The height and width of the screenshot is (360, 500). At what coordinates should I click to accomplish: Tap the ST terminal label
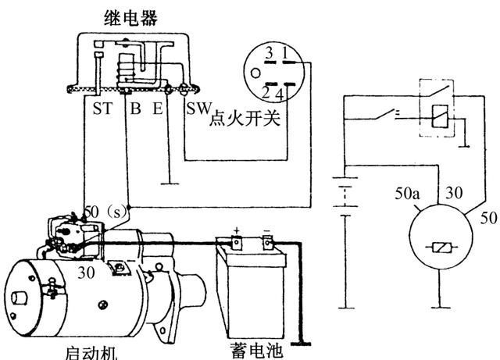coord(102,109)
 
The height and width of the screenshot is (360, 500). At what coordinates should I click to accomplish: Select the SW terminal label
coord(196,109)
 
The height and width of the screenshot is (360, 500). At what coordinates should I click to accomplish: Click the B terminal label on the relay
coord(135,109)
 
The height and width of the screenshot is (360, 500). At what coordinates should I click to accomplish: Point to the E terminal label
coord(158,109)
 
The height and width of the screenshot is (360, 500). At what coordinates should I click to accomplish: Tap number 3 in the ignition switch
coord(268,54)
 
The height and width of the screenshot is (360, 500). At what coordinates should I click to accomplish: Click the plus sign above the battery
coord(234,230)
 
